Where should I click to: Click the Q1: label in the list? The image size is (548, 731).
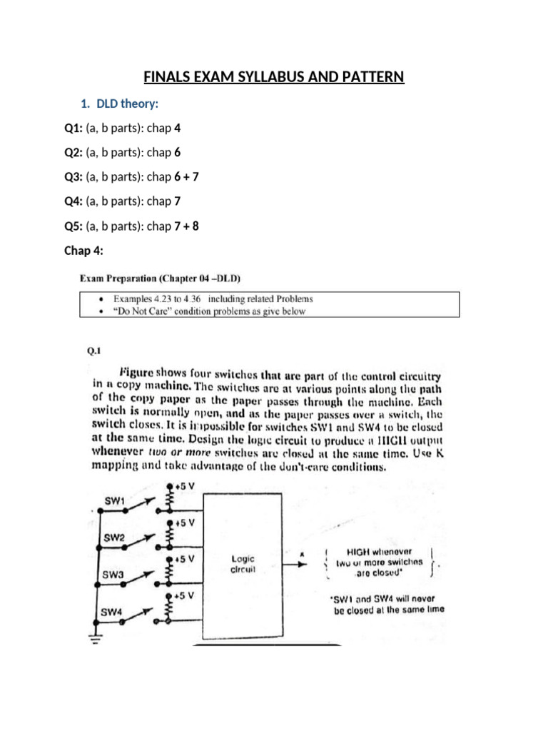tap(73, 128)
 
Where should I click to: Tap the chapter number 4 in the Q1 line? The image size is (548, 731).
tap(177, 128)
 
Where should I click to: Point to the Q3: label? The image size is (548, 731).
tap(73, 177)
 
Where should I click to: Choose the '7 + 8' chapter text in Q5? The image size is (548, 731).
tap(186, 226)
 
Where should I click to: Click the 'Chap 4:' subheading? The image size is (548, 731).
tap(84, 251)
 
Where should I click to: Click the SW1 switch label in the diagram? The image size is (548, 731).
tap(116, 500)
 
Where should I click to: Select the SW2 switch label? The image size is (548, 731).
tap(116, 537)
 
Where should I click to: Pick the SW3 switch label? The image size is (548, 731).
tap(114, 574)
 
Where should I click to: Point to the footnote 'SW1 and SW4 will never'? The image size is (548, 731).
tap(389, 598)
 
